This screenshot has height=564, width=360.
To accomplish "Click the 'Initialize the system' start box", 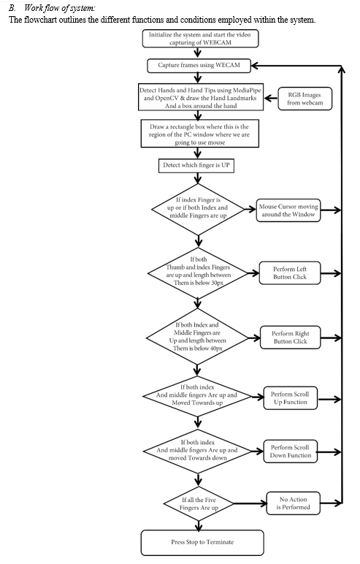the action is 200,39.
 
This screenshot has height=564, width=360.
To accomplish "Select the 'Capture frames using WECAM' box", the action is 199,66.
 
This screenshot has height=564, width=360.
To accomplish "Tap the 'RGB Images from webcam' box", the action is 305,99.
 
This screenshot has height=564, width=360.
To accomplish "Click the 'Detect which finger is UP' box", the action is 196,165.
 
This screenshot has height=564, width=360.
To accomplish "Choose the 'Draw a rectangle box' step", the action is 199,134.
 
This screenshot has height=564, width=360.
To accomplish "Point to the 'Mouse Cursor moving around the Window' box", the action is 288,210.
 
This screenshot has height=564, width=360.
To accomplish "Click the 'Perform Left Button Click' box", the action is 289,273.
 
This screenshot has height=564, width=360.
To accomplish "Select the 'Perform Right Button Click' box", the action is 290,338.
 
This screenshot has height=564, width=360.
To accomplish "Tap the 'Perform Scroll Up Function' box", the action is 290,398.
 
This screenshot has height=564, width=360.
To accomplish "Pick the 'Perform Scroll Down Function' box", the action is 290,451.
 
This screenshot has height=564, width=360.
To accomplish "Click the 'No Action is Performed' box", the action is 293,503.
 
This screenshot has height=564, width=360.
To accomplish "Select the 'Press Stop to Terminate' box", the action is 202,542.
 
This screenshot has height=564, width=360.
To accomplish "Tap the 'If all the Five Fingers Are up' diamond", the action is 198,503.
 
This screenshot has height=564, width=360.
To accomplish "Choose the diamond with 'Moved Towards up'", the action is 197,396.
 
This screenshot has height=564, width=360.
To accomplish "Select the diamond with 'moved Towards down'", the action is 198,451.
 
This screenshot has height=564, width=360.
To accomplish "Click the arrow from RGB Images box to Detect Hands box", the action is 271,98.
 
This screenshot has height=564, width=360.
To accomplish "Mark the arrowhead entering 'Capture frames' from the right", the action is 254,66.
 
